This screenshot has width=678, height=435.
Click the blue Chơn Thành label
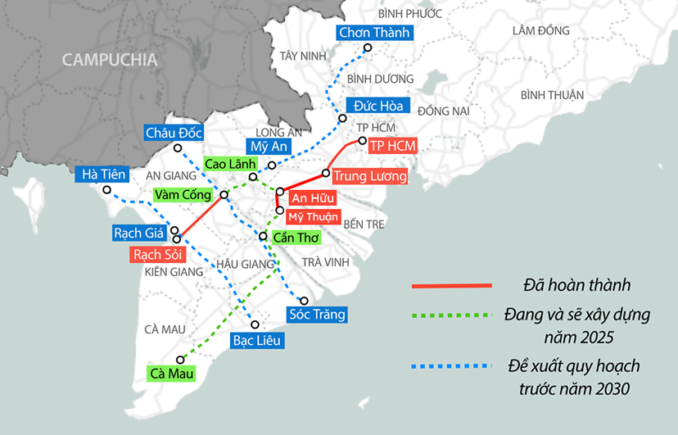pos(374,33)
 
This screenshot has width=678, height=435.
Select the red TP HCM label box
pos(393,146)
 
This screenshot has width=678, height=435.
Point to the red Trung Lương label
pos(370,176)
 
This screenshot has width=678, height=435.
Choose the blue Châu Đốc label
pos(173,133)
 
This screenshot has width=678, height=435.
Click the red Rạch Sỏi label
pos(158,255)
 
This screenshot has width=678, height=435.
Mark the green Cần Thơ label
pos(296,238)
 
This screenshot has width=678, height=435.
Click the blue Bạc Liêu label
pos(257,340)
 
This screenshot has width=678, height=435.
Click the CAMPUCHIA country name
pos(110,60)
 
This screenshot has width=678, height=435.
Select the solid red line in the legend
pos(451,286)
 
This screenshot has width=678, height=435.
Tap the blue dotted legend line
pos(451,365)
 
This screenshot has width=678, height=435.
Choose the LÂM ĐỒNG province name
pos(540,31)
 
